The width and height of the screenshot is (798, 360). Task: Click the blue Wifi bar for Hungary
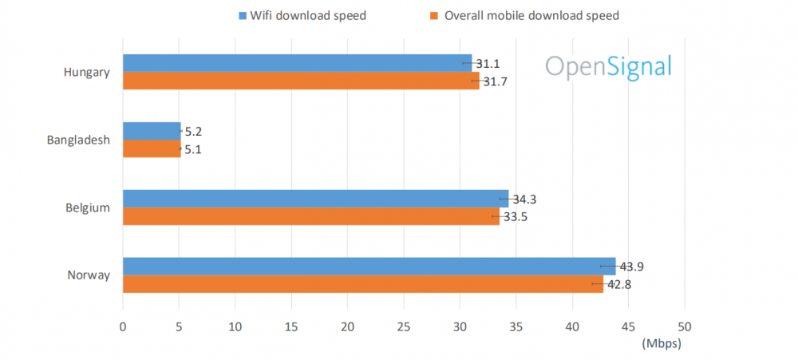coord(297,63)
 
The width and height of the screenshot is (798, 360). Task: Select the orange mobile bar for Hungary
coord(301,81)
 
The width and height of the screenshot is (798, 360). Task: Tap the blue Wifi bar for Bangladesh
coord(152,131)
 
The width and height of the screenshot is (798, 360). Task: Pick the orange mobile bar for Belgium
coord(310,216)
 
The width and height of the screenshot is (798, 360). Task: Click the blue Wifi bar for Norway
coord(369,266)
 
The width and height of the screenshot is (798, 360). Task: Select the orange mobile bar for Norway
coord(362,283)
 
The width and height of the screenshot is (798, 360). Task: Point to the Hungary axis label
coord(86,73)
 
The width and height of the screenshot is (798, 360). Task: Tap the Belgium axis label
coord(88,208)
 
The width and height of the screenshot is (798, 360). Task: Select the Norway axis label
coord(88,275)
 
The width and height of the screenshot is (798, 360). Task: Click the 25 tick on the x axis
coord(403,326)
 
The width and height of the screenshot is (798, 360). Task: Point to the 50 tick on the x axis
coord(684,326)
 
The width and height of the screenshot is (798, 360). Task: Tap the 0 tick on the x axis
coord(123,326)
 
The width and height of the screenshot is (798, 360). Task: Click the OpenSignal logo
coord(608,66)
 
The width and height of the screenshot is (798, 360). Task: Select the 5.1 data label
coord(193,148)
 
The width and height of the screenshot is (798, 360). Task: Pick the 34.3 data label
coord(523,199)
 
